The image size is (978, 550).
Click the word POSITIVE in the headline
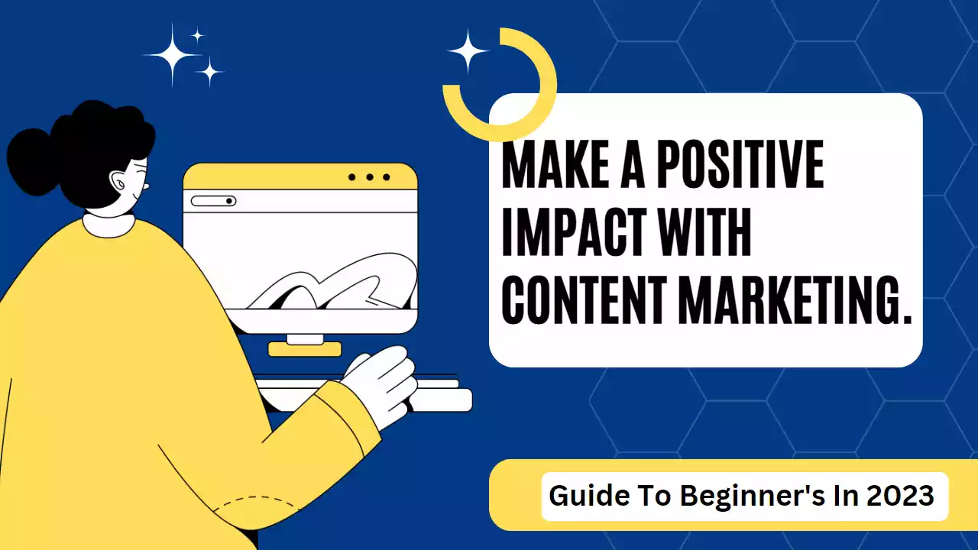[x=740, y=164]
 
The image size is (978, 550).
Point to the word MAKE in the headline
[x=555, y=164]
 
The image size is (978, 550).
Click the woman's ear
[x=118, y=181]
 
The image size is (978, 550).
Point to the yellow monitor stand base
[x=305, y=349]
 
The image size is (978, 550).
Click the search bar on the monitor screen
[x=213, y=201]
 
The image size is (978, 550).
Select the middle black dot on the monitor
[x=370, y=177]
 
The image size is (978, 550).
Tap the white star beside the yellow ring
[x=468, y=51]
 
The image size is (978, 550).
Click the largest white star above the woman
[x=173, y=55]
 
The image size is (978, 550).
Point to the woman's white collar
[x=108, y=225]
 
